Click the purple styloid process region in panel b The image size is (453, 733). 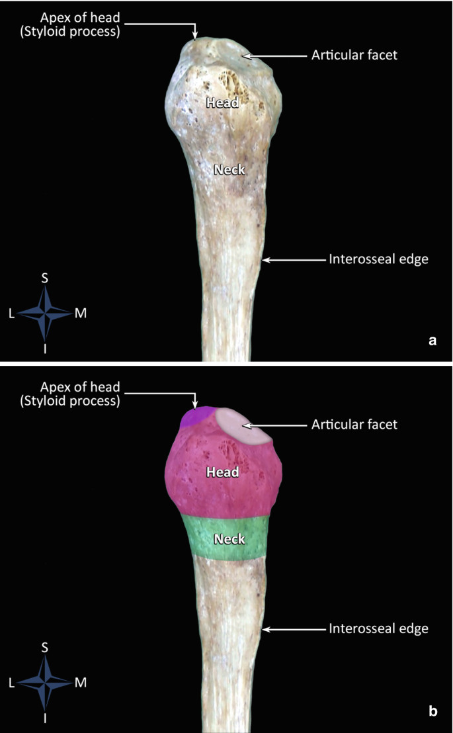point(194,418)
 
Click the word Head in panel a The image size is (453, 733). point(222,103)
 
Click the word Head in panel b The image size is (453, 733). point(222,472)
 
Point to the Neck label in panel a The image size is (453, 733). point(229,170)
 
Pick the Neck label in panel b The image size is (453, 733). point(229,539)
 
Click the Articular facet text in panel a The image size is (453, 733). point(354,56)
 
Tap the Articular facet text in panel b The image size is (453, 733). point(354,425)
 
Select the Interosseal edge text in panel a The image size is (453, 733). point(378,259)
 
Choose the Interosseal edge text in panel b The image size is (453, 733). point(378,628)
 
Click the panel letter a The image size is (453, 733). point(432,341)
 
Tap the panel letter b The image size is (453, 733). point(432,712)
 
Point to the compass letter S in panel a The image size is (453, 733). point(45,279)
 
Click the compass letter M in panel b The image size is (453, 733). point(80,683)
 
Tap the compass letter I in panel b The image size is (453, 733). point(45,718)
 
